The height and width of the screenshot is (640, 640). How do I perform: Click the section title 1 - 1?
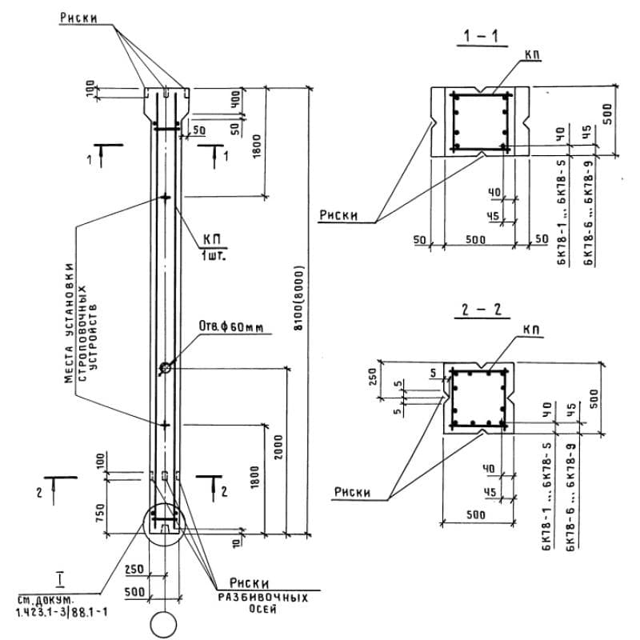(479, 36)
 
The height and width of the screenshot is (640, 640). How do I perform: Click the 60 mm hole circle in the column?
(165, 368)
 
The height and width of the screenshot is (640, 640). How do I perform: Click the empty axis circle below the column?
(165, 624)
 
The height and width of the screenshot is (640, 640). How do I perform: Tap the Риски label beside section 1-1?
(339, 214)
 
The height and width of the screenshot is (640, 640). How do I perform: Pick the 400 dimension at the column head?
(234, 100)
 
